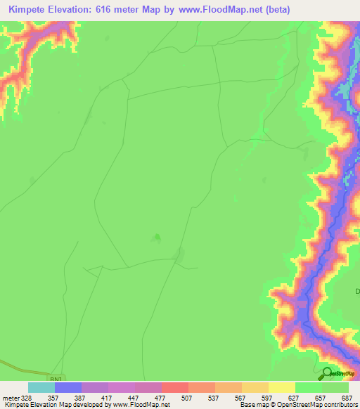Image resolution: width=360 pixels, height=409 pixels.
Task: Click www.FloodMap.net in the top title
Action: coord(219,10)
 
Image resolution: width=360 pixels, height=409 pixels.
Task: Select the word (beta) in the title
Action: coord(275,10)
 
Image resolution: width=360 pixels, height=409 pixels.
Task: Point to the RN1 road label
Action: coord(57,377)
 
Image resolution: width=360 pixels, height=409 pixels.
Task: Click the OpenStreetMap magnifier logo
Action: coord(327,374)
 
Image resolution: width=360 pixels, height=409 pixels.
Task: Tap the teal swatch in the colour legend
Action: coord(41,387)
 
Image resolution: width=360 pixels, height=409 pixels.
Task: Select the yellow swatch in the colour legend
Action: coord(281,387)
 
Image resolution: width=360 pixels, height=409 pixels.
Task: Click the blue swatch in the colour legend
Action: coord(67,387)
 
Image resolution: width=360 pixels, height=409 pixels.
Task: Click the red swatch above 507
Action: coord(174,387)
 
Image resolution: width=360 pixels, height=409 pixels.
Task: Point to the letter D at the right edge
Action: coord(357,291)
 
